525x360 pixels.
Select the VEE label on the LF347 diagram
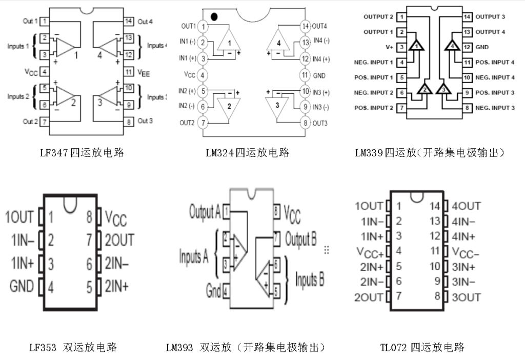144,72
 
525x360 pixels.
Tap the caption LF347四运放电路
82,153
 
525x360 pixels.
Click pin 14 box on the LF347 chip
129,22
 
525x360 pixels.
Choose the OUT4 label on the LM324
319,26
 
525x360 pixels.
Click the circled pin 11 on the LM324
306,75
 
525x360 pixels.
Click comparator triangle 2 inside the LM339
425,89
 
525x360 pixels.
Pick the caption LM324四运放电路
247,153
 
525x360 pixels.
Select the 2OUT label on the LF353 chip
119,240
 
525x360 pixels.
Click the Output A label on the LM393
205,211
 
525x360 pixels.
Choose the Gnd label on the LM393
213,291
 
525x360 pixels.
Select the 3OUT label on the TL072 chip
466,297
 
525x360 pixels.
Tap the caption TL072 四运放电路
421,348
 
